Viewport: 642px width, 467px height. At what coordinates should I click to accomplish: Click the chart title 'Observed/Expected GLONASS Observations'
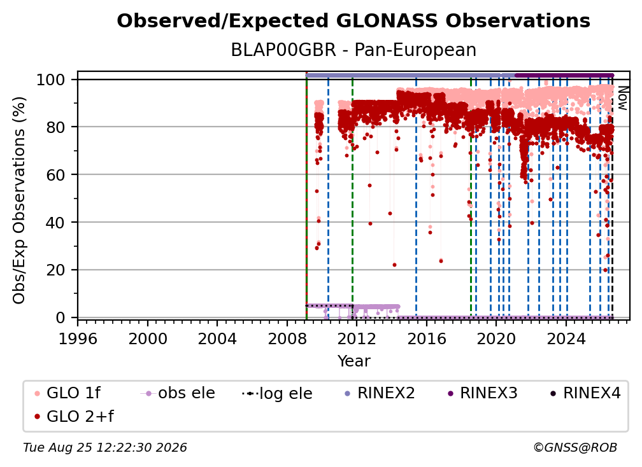[x=353, y=21]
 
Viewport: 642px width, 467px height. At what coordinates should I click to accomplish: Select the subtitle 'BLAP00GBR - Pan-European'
[x=353, y=50]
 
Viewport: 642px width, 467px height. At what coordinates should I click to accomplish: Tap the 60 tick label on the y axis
[x=55, y=174]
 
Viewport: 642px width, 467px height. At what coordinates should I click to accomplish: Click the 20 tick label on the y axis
[x=55, y=270]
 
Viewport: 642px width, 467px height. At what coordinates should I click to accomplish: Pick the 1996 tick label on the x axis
[x=78, y=338]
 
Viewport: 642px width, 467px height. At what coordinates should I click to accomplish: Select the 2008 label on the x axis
[x=287, y=338]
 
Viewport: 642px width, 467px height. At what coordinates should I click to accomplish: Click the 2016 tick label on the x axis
[x=427, y=338]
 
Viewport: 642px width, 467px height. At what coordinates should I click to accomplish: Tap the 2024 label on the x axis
[x=566, y=338]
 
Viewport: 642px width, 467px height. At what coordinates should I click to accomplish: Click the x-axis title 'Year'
[x=353, y=361]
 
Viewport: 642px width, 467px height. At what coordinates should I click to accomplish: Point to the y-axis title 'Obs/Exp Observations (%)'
[x=19, y=200]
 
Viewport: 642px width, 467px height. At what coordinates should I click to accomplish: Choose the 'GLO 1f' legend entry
[x=67, y=393]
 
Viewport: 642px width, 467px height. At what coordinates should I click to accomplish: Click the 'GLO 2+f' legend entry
[x=74, y=416]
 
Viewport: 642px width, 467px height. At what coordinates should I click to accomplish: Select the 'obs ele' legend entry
[x=178, y=393]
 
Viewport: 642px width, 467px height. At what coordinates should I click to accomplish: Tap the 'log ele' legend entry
[x=277, y=393]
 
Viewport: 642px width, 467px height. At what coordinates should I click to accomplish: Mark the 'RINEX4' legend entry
[x=585, y=393]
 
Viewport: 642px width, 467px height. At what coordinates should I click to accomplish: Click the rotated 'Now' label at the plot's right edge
[x=622, y=98]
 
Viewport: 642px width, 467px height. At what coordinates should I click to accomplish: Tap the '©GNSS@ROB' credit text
[x=575, y=447]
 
